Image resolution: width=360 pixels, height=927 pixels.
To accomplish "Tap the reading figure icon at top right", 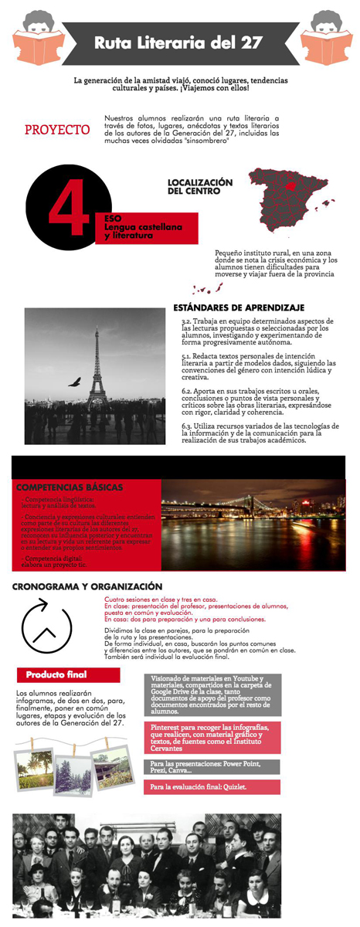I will (x=325, y=38).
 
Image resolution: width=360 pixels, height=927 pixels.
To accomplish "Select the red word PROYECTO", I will (x=57, y=129).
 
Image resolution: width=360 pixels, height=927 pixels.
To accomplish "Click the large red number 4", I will (x=66, y=209).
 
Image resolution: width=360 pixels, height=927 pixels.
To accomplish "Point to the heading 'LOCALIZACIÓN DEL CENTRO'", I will (x=199, y=186).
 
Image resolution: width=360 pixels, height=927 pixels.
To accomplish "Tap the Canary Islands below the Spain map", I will (x=209, y=289).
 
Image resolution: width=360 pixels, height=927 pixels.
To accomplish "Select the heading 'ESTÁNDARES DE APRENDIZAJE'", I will (x=239, y=307).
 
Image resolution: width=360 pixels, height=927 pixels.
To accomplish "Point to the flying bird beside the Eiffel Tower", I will (x=74, y=381).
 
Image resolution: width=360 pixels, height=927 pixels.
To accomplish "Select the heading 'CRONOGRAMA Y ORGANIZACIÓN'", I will (x=87, y=586).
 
